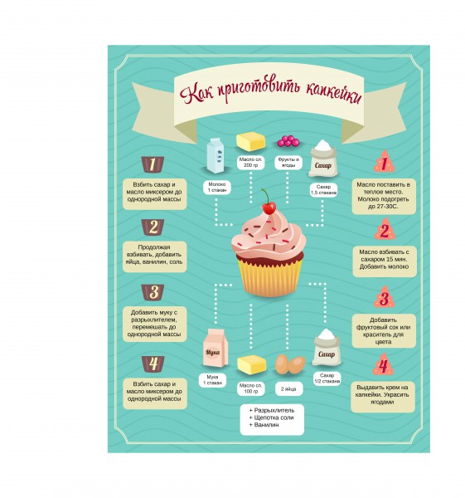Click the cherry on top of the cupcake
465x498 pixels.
(x=269, y=208)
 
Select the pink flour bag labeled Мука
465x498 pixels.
(x=216, y=348)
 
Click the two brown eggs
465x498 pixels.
(x=290, y=364)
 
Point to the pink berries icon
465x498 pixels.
(x=288, y=141)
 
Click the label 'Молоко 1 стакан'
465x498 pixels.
(x=217, y=187)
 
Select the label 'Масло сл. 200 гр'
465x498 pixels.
(x=250, y=163)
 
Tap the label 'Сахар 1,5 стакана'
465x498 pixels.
(x=323, y=190)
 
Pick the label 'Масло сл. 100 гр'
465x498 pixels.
(x=250, y=388)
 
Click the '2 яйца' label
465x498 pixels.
(x=288, y=388)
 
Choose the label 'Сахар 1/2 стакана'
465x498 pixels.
(x=327, y=378)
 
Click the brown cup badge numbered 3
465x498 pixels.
(x=153, y=292)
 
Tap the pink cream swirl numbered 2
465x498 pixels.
(x=384, y=230)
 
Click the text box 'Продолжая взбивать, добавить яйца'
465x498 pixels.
(x=154, y=256)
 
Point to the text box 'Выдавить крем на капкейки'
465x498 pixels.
(x=383, y=397)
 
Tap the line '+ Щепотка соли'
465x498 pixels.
(x=272, y=417)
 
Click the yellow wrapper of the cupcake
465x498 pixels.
(x=269, y=276)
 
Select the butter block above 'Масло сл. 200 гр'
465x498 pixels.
(x=250, y=141)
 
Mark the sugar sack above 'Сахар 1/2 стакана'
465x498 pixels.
(x=326, y=348)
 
